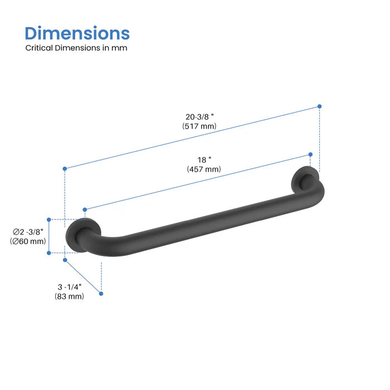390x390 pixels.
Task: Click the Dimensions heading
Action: coord(77,33)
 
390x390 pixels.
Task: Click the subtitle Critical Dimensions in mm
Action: coord(76,48)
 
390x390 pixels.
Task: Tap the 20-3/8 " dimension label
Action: coord(199,117)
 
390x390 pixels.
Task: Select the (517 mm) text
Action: coord(199,126)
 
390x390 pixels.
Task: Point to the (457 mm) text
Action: coord(204,169)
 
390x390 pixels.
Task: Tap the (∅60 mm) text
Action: coord(28,241)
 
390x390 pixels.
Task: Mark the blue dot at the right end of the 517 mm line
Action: coord(319,106)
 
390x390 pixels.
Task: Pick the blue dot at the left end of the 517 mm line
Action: coord(65,168)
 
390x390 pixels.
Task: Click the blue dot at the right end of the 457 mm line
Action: coord(310,155)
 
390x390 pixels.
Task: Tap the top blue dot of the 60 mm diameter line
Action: coord(49,220)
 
